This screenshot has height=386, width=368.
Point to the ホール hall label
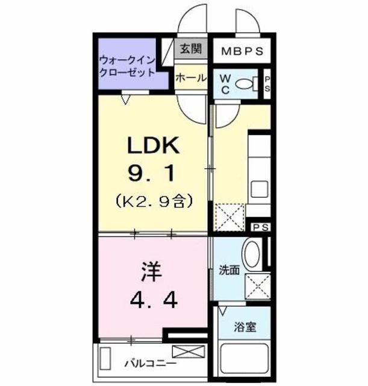pos(189,78)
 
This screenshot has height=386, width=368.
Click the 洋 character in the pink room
pos(152,273)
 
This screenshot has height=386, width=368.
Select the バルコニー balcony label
pos(150,364)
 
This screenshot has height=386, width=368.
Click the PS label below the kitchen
pos(260,227)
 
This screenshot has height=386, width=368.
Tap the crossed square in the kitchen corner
pos(229,216)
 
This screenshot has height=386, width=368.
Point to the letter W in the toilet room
pos(223,79)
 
